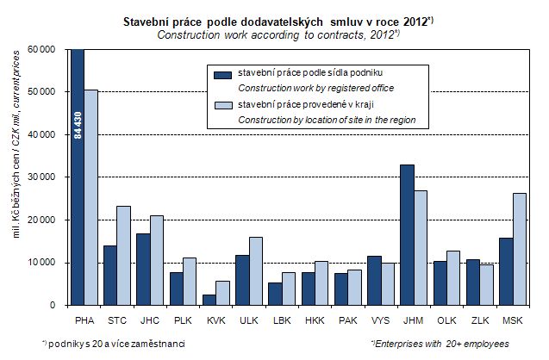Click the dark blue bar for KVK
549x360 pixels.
(x=209, y=300)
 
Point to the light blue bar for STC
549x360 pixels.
(x=124, y=255)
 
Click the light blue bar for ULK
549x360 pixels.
(x=256, y=270)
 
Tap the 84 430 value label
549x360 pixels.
(x=78, y=126)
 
